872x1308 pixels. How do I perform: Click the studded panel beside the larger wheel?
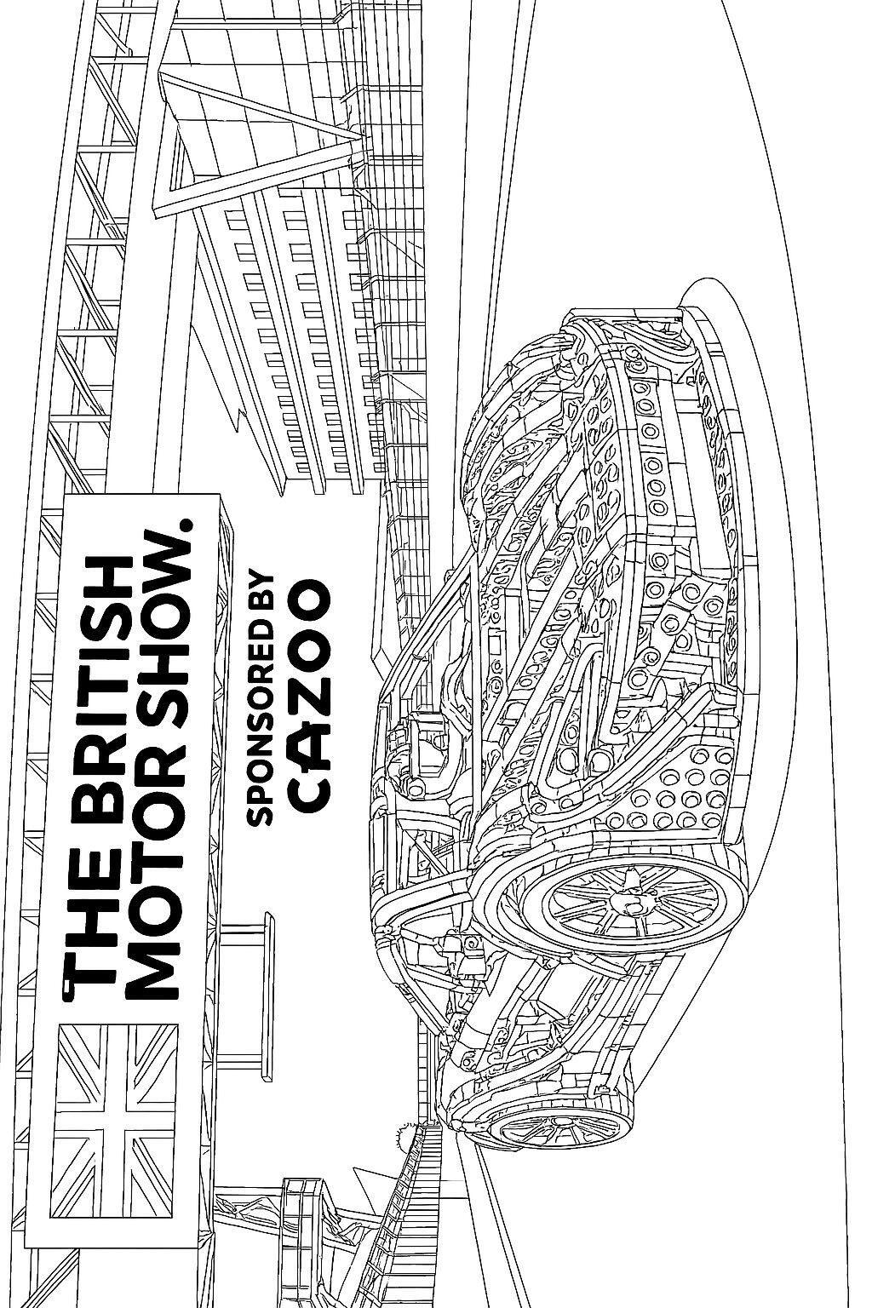coord(673,783)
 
